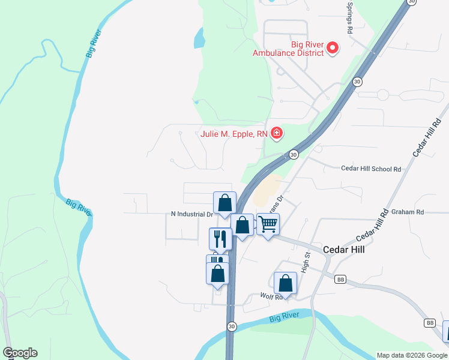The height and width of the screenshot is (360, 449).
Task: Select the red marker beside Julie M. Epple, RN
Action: coord(277,133)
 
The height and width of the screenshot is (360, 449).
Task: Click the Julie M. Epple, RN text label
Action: coord(234,134)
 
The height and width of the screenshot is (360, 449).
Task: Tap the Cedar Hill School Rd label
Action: coord(370,169)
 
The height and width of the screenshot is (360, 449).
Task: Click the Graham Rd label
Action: coord(407,212)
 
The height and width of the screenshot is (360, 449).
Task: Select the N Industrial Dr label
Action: coord(192,214)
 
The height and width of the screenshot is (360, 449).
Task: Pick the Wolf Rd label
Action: coord(270,296)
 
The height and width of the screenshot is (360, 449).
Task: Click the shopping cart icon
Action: coord(268,224)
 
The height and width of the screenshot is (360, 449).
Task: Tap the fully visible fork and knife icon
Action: coord(220,238)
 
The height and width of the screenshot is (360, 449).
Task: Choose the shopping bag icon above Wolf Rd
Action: coord(286,283)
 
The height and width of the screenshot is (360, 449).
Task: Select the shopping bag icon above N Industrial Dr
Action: coord(225,203)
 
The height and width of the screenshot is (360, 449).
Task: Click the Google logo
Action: coord(20,353)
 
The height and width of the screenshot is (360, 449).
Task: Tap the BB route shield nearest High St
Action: coord(340,280)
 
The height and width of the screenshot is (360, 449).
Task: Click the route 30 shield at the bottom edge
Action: coord(232,326)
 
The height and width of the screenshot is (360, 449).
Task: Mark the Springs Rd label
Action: coord(349,16)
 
